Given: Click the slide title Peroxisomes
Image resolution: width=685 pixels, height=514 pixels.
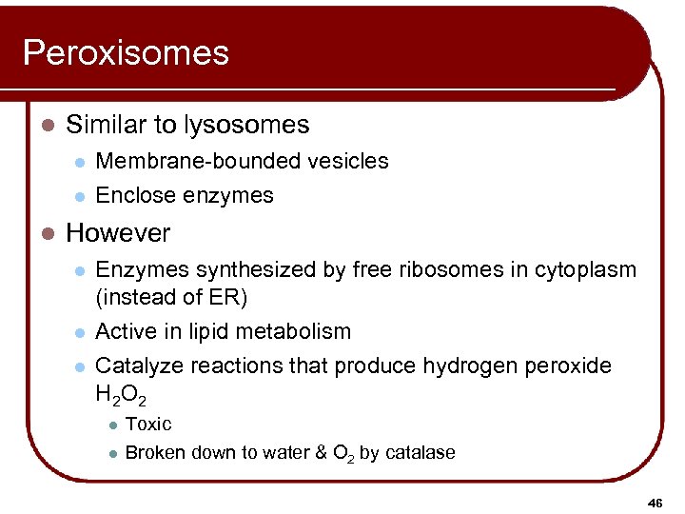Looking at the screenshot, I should [126, 52].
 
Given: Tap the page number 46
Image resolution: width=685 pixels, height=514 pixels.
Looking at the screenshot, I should [656, 502].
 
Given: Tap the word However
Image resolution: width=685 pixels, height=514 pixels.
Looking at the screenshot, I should [118, 233].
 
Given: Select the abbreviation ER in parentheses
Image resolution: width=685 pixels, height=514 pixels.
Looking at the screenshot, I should [225, 297].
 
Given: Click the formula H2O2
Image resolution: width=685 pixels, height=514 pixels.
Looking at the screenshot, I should [122, 393].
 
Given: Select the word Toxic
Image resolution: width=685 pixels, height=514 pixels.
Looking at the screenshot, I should [148, 424].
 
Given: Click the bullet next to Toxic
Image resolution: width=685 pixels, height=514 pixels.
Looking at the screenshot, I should [112, 425].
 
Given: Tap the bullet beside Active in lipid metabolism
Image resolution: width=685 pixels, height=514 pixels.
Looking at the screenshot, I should [81, 332].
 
